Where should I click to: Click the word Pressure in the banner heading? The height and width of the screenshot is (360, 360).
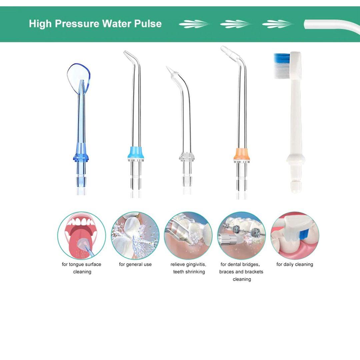[x=77, y=24]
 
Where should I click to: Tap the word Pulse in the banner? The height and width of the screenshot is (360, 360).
[x=148, y=24]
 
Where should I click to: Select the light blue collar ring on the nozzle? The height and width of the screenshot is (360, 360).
[x=136, y=152]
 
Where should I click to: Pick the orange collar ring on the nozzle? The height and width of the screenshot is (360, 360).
[x=241, y=154]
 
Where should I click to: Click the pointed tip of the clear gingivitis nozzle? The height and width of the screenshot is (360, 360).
[x=167, y=67]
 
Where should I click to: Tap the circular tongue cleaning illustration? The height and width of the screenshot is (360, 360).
[x=82, y=236]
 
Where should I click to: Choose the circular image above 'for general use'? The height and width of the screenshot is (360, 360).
[x=135, y=236]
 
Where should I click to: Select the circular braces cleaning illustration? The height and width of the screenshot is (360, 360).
[x=242, y=236]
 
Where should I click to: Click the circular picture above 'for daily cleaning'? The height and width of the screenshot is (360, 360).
[x=295, y=236]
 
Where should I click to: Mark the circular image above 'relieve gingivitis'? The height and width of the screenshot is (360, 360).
[x=188, y=236]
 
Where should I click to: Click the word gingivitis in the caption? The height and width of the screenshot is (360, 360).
[x=196, y=264]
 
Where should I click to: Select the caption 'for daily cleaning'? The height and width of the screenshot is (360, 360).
[x=295, y=264]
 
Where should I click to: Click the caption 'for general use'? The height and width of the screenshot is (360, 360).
[x=135, y=264]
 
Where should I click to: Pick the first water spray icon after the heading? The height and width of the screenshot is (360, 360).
[x=194, y=24]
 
